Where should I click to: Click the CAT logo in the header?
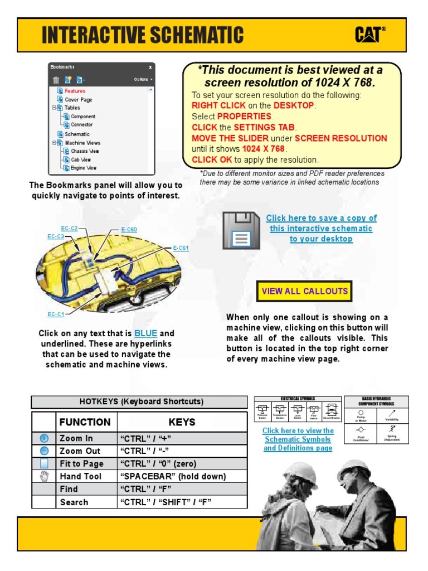(x=370, y=35)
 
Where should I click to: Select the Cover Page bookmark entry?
(x=78, y=99)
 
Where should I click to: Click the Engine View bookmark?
(x=83, y=168)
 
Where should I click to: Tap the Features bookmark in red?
(x=75, y=91)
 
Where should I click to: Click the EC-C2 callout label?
(x=69, y=228)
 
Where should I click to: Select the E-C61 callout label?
(x=181, y=248)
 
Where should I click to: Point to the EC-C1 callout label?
(x=56, y=314)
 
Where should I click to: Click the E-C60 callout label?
(x=129, y=230)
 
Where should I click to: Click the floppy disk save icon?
(x=241, y=230)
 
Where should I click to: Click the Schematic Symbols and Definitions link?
(x=298, y=439)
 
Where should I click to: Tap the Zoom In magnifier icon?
(x=44, y=438)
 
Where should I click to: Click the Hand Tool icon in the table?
(x=44, y=476)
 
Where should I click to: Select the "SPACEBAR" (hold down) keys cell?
(x=182, y=476)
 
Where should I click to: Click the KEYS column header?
(x=182, y=422)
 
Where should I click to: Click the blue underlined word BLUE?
(x=145, y=333)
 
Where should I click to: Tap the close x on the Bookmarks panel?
(x=150, y=67)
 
